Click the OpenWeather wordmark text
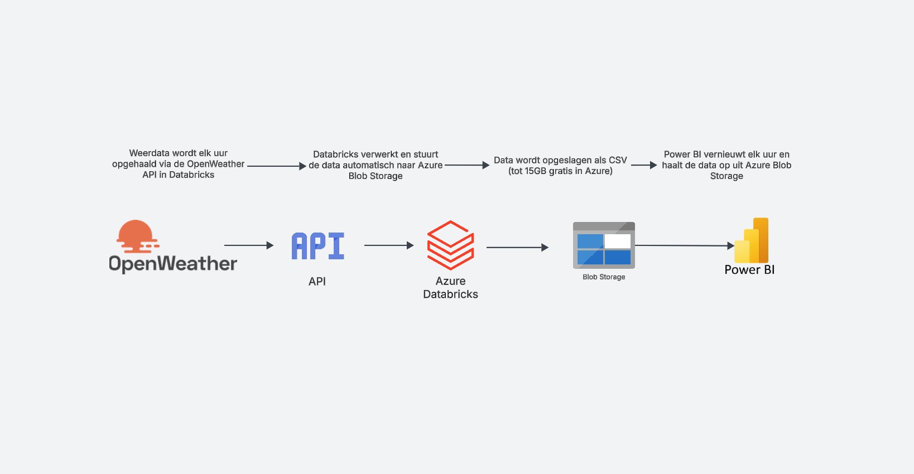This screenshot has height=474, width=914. tap(173, 264)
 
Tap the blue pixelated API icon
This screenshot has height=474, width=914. tap(318, 246)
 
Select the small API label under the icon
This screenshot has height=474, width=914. tap(317, 282)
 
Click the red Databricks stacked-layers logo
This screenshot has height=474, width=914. tap(450, 245)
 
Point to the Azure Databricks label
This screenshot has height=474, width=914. tap(450, 288)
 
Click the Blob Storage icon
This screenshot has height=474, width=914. tap(604, 245)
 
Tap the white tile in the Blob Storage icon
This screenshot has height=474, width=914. tap(618, 241)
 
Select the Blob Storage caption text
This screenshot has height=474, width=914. tap(604, 277)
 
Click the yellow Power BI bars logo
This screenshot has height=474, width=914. tap(752, 241)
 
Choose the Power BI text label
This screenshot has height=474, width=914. tap(749, 270)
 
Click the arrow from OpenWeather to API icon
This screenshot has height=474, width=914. tap(248, 245)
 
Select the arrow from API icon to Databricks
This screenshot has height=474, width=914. tap(388, 245)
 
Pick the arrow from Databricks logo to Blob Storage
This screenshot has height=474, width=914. tap(517, 247)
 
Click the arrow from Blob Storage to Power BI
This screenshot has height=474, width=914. tap(684, 245)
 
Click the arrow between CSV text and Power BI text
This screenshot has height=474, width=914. tap(644, 165)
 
